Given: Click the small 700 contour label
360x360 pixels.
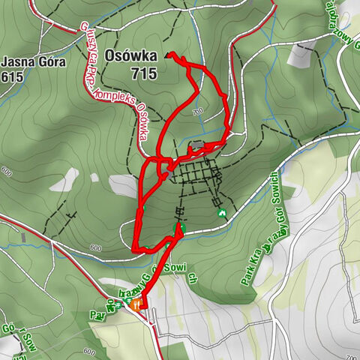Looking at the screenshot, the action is [x=197, y=112].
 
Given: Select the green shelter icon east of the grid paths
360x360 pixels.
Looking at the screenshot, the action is [x=222, y=213].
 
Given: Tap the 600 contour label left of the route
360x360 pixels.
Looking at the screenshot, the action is [x=94, y=248].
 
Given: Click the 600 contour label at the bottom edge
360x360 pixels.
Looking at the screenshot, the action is [x=89, y=352].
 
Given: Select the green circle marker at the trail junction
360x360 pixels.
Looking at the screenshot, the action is [x=179, y=227].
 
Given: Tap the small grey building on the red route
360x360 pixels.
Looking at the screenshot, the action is [x=197, y=145].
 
